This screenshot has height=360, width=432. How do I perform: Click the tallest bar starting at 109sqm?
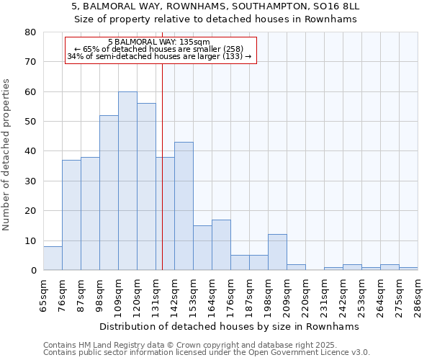coord(127,181)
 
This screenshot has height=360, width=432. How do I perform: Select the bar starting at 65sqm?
coord(53,258)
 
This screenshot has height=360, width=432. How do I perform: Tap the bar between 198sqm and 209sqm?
coord(277,252)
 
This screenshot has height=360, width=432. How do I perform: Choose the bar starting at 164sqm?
coord(221,245)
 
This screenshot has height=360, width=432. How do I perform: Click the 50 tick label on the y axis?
coord(30,122)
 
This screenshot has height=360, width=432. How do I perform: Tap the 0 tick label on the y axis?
coord(33,271)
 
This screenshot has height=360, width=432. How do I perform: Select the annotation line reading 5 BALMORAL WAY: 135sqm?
coord(159,42)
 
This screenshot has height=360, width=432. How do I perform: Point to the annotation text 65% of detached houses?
coord(159,49)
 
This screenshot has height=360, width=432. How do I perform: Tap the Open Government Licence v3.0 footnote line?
coord(206,353)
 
